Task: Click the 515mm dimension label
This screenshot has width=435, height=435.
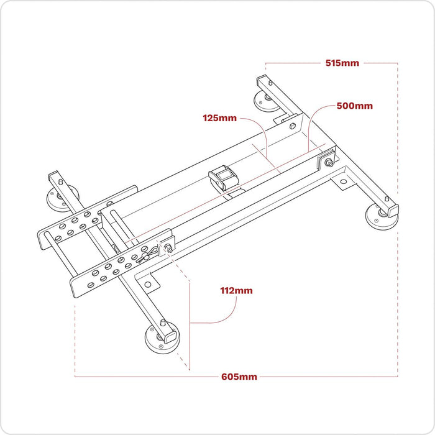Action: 344,63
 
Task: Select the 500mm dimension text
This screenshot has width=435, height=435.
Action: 354,106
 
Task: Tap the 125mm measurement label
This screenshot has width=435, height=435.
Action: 219,117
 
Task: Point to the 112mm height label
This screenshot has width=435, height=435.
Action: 236,290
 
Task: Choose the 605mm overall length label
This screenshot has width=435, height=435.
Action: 239,377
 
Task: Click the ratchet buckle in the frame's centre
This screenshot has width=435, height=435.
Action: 223,179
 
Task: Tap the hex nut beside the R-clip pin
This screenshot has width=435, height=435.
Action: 168,248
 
